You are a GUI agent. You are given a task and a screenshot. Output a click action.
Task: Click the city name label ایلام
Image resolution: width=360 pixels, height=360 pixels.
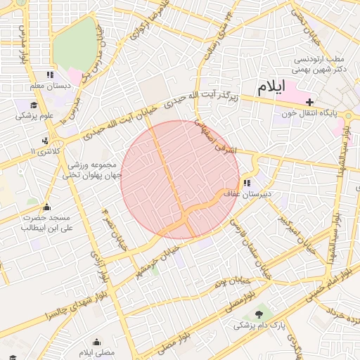(x=271, y=88)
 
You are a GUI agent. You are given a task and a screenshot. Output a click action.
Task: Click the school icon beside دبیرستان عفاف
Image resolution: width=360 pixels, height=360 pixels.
(x=246, y=184)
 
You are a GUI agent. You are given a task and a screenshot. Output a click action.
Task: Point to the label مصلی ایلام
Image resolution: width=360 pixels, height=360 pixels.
(x=96, y=350)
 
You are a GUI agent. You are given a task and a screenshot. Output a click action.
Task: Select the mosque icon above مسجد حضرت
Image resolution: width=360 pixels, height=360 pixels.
(x=46, y=207)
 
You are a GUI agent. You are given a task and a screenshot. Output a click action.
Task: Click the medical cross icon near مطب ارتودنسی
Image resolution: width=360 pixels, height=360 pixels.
(x=310, y=102)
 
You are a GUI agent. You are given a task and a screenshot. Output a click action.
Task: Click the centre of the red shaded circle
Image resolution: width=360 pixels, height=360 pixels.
(x=180, y=180)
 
